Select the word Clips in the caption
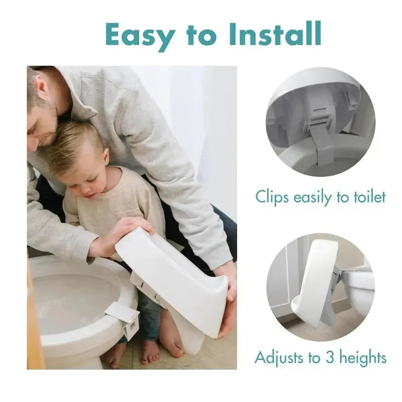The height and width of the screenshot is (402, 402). (x=271, y=196)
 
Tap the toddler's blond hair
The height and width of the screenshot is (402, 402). (x=75, y=141)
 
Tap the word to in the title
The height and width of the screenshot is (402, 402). (x=200, y=35)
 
